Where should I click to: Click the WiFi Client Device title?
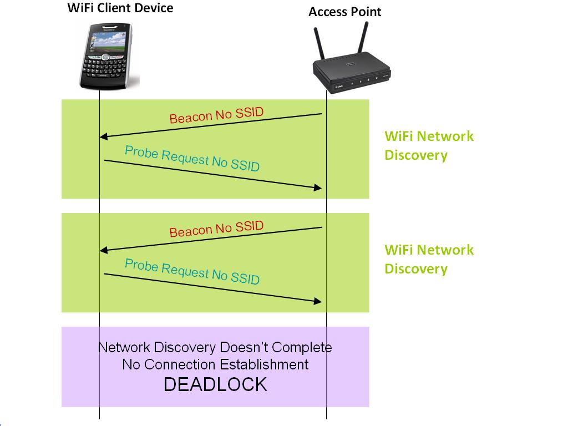(x=120, y=8)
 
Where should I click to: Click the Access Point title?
(x=344, y=12)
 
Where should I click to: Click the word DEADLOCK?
(x=215, y=384)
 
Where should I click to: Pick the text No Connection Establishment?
(x=215, y=364)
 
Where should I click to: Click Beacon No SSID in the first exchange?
(x=216, y=115)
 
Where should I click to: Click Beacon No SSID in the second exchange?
(x=216, y=229)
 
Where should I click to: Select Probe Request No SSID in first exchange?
(x=192, y=158)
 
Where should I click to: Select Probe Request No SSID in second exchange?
(x=192, y=271)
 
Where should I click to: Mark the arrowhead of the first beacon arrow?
(x=103, y=137)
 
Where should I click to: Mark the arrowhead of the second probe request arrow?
(x=318, y=301)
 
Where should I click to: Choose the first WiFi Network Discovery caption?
(x=429, y=145)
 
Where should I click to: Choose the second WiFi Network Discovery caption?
(x=429, y=259)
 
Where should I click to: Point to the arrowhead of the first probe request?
(x=318, y=188)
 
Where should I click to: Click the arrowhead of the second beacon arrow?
(x=103, y=251)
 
